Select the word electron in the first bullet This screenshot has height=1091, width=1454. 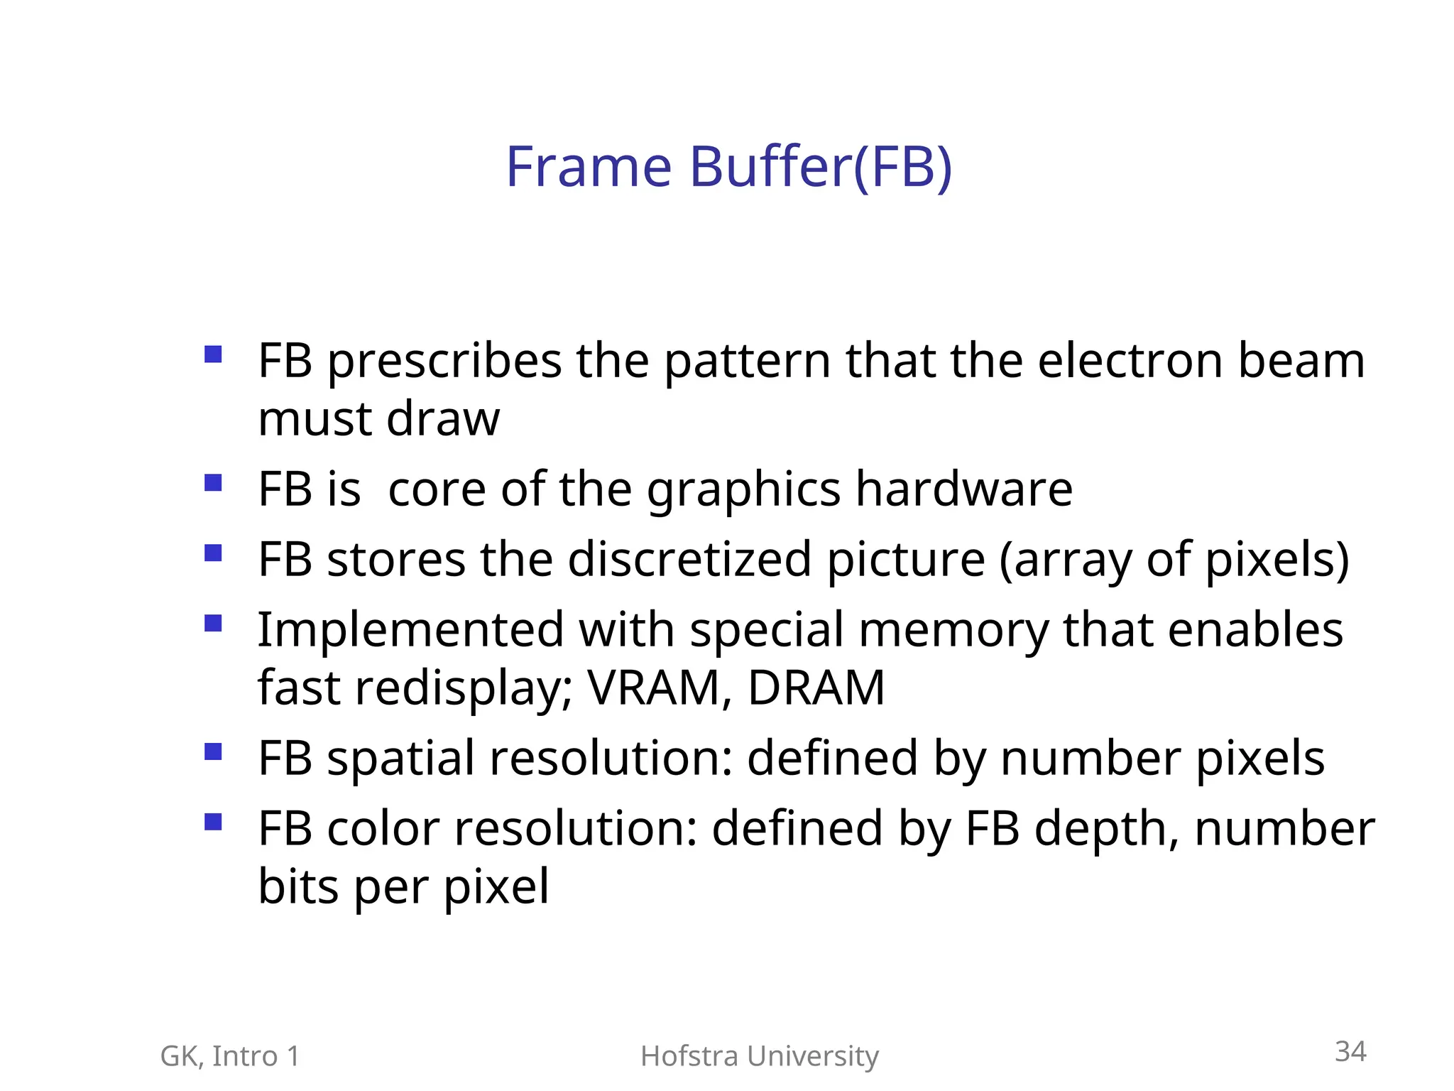point(1130,361)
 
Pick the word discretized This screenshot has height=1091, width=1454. point(689,559)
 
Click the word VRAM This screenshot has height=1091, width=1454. point(653,688)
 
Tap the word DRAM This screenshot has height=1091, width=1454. point(816,688)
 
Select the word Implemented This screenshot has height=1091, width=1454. point(410,630)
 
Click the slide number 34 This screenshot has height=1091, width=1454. point(1350,1051)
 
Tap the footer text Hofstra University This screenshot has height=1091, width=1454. point(760,1056)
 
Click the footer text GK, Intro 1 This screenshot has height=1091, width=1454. point(230,1056)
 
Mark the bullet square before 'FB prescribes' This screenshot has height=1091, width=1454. point(213,354)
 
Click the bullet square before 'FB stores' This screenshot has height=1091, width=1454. point(213,553)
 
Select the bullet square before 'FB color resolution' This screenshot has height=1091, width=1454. point(213,822)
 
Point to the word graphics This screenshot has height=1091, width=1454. point(743,491)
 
